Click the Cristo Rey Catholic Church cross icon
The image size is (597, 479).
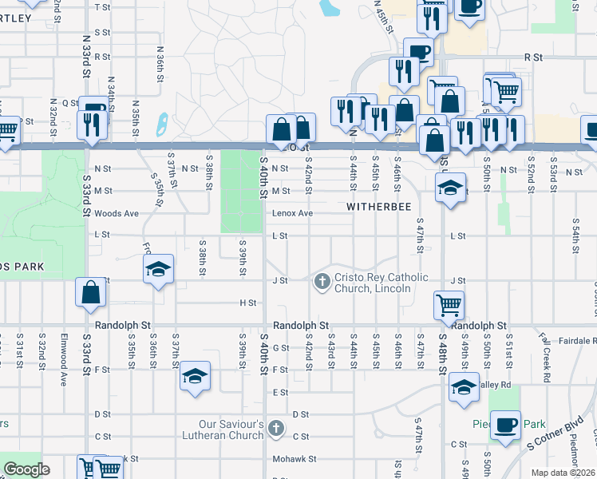(x=322, y=280)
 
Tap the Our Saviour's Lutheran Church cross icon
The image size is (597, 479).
(x=276, y=429)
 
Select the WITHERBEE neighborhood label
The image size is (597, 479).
(x=379, y=207)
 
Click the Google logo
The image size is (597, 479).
(x=26, y=469)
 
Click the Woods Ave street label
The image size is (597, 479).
(x=117, y=213)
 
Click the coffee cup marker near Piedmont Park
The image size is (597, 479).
(x=504, y=424)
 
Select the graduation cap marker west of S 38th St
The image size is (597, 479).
(x=158, y=269)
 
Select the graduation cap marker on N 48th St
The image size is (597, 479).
(x=449, y=188)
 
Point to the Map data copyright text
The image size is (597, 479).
(x=562, y=473)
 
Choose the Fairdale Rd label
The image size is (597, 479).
(x=571, y=340)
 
